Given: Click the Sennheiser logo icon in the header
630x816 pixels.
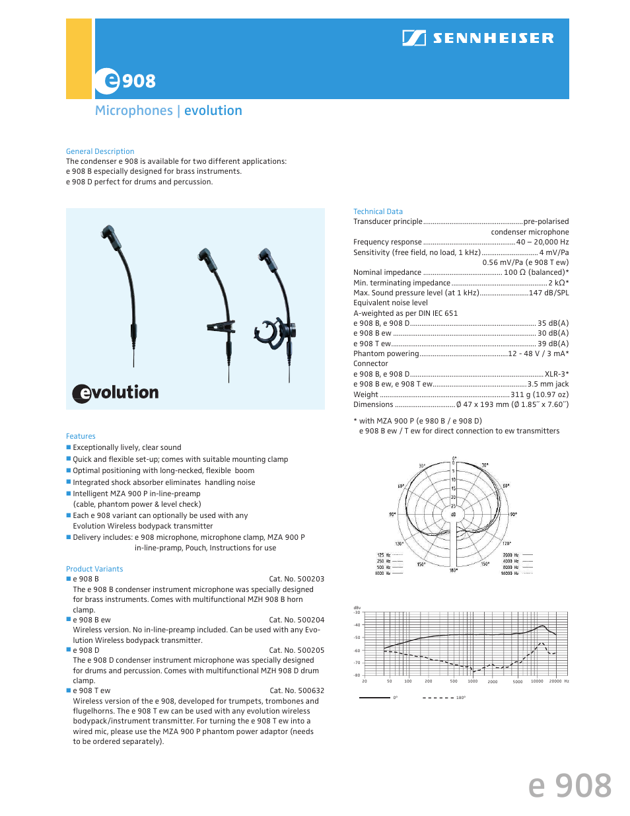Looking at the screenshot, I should pos(414,38).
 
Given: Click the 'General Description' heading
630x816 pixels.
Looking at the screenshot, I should pos(100,151).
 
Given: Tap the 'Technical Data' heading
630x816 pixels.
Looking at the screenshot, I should pos(378,211).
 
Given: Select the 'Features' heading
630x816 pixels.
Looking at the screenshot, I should pos(81,436).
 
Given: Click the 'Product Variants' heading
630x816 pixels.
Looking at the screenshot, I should pos(94,569).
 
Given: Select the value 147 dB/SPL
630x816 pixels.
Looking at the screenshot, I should pos(548,293).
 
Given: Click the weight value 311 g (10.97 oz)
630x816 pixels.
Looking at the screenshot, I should pos(540,394).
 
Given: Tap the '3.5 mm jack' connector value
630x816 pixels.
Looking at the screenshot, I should pos(548,384).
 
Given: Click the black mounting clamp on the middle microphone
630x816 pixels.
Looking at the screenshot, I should pos(221,326).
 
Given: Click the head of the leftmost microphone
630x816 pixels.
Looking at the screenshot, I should pos(108,233).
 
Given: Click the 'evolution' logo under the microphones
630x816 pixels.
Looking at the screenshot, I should pos(116,392).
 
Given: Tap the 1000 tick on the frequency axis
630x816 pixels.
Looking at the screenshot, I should pos(473,681).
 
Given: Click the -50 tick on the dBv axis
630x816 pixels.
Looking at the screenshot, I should pos(357,638).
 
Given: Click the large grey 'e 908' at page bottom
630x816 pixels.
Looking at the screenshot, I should pos(570,786).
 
